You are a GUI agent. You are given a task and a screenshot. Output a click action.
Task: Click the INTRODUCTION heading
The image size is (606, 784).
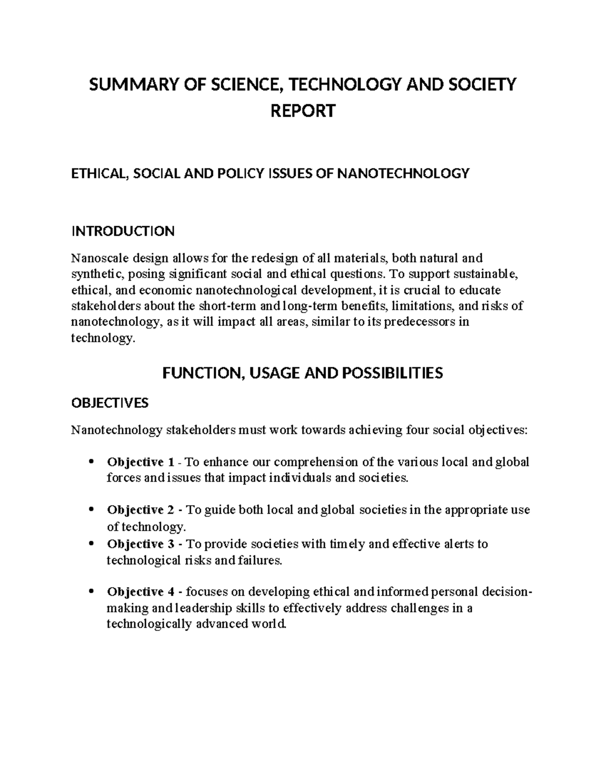point(123,231)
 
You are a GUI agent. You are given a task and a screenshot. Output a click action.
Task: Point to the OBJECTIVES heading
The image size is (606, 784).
point(110,403)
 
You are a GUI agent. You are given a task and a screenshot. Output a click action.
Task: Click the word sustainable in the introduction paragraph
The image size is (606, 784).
point(485,274)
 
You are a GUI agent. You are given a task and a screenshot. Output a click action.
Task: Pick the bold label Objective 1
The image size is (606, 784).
point(140,462)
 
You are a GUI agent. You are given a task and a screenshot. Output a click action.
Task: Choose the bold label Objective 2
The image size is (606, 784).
point(140,510)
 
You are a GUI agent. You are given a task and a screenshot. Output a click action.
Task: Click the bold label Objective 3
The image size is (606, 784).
point(140,544)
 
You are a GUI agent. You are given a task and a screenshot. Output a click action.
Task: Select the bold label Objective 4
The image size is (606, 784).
point(140,592)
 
